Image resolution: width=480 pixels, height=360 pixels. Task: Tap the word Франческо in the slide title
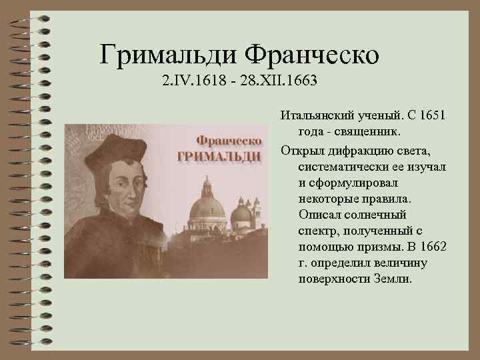pos(313,53)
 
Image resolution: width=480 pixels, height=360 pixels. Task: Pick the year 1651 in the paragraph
pos(431,116)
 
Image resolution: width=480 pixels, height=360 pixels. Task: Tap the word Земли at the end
pos(394,279)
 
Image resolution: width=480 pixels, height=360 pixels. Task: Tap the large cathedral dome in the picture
pos(207,209)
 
